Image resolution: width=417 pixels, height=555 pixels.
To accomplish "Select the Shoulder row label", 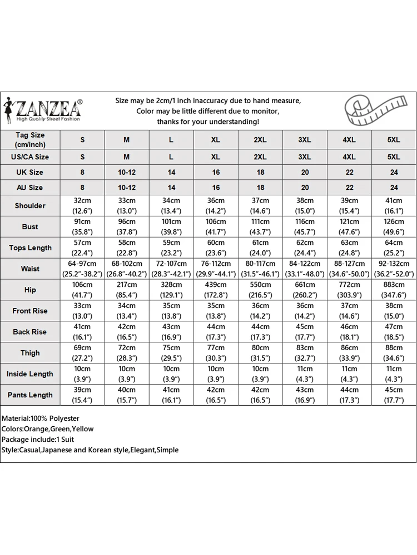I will pos(30,206).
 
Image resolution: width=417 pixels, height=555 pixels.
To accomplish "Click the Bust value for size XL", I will pos(216,227).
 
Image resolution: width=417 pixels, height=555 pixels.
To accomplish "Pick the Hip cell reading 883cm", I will pos(394,290).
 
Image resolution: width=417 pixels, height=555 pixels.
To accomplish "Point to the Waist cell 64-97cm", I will pos(82,269).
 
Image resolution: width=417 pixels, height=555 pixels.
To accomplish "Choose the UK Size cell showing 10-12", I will pos(127,173).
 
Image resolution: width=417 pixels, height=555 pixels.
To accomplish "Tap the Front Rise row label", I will pos(30,311).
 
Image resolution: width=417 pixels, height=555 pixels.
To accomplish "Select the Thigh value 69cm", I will pos(82,354).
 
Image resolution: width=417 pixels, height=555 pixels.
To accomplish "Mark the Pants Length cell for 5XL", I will pos(394,395).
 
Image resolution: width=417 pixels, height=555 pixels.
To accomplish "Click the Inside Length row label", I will pos(30,375).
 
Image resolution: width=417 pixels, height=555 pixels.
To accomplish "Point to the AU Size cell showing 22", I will pos(349,188).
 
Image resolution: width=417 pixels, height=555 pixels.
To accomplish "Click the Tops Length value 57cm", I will pos(82,248).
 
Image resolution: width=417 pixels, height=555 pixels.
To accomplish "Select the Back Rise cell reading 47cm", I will pos(394,332).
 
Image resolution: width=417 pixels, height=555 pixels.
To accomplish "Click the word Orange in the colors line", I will pos(37,429).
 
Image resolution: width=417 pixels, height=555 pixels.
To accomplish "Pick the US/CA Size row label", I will pos(30,157).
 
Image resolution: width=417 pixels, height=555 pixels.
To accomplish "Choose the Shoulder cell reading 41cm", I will pos(394,206).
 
